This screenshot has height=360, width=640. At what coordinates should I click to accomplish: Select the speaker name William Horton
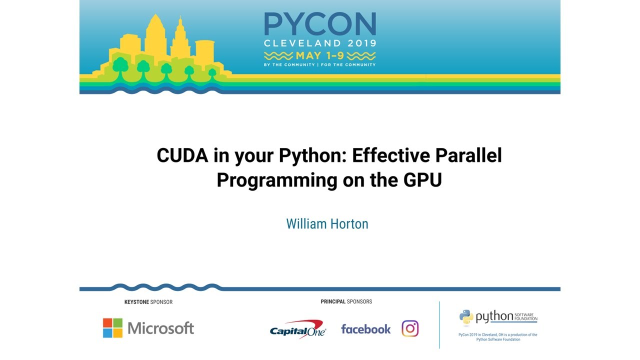[327, 223]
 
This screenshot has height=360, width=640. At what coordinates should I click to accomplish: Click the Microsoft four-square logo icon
[112, 328]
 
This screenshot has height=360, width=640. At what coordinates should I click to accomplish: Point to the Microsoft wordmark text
[160, 328]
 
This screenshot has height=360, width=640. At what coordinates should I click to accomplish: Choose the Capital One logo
[298, 329]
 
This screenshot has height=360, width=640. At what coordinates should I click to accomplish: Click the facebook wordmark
[365, 329]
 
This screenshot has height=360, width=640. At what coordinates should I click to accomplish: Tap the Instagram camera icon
[410, 328]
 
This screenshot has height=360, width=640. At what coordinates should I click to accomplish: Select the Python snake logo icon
[466, 316]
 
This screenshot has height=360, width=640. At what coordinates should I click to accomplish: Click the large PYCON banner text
[320, 24]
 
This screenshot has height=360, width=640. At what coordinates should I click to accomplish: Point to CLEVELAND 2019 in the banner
[320, 43]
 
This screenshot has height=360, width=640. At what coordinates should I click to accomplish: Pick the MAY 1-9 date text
[320, 55]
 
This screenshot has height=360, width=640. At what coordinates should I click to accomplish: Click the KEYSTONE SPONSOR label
[148, 302]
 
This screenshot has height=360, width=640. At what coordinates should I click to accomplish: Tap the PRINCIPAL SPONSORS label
[346, 301]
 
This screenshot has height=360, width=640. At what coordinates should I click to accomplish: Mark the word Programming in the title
[276, 180]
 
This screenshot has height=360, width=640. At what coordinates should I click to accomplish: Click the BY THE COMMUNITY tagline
[289, 65]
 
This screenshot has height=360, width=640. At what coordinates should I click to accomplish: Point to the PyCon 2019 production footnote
[497, 337]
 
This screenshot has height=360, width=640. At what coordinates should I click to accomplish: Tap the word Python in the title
[312, 155]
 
